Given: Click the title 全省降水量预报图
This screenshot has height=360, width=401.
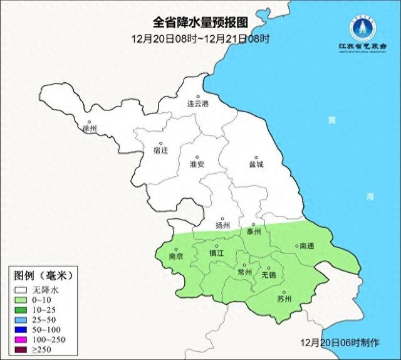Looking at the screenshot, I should pos(200,23).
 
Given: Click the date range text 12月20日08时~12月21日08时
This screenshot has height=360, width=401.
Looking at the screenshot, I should pos(200,38).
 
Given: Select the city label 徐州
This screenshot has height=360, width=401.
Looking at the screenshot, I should pos(90,129).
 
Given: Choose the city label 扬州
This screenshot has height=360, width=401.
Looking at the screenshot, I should pos(222,225).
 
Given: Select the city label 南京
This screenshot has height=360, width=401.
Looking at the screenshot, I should pos(177,257).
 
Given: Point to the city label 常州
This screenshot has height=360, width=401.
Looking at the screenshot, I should pos(244,272).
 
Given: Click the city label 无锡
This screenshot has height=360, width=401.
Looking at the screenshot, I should pos(269,275).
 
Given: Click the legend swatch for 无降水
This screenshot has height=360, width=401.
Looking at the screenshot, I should pos(21,290).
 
